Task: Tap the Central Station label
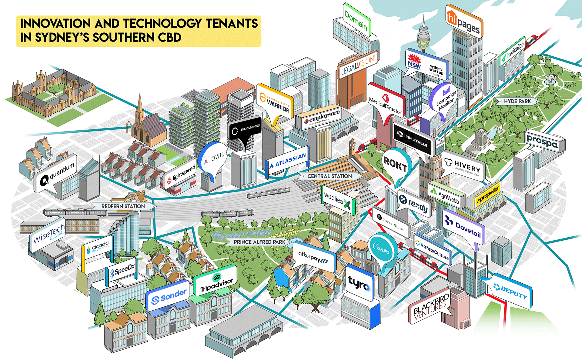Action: [329, 176]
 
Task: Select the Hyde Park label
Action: [517, 101]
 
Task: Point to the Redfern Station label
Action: [123, 206]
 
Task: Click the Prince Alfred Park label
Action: [259, 242]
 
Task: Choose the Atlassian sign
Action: [287, 161]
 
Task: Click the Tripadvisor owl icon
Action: [217, 277]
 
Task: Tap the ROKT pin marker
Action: [395, 165]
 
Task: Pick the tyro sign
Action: [359, 283]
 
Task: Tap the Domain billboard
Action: [356, 20]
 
